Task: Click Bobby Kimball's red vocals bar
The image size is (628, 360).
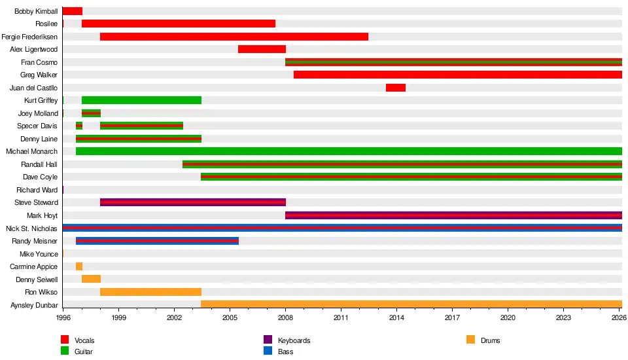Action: (x=73, y=11)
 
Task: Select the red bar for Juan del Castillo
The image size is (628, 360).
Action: (x=396, y=88)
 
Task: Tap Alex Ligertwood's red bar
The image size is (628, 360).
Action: (x=262, y=49)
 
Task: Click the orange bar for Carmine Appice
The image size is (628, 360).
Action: (x=79, y=266)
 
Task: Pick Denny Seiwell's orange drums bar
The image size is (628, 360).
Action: (x=92, y=279)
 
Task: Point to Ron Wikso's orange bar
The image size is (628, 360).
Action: (x=150, y=292)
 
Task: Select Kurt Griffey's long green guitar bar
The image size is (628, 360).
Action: (x=141, y=100)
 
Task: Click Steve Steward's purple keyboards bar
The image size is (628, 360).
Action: (x=193, y=202)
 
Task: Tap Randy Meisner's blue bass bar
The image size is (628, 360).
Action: (x=157, y=241)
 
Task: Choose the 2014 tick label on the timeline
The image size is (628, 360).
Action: (x=396, y=318)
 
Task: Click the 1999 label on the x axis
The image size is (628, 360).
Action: (x=118, y=318)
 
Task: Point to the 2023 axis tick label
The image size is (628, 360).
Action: (x=563, y=318)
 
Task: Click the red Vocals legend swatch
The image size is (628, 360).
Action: (x=65, y=340)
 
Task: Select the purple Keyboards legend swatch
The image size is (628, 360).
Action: (x=268, y=340)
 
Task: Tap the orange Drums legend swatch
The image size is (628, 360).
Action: (x=470, y=340)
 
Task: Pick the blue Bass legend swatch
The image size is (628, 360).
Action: (x=268, y=351)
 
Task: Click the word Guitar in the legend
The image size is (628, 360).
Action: (x=83, y=351)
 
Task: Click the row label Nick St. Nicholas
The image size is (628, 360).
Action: (x=31, y=228)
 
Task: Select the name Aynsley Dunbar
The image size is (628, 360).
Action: (x=34, y=305)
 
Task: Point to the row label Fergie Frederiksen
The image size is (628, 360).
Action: (x=29, y=37)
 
